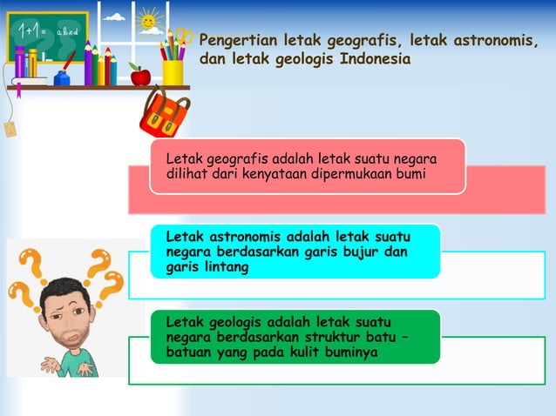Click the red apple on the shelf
click(139, 76)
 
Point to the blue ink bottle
click(62, 77)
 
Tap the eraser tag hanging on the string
click(10, 130)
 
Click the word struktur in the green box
click(309, 337)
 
